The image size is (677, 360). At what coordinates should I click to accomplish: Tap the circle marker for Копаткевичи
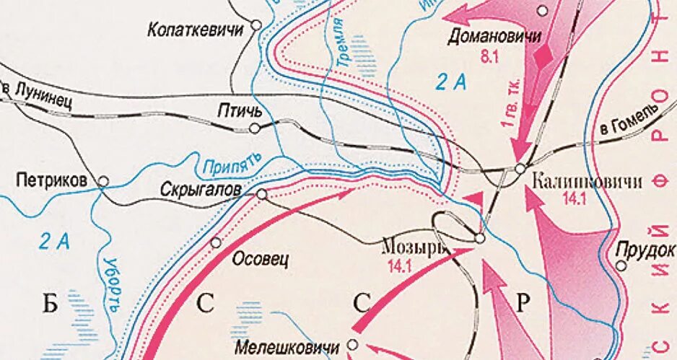coord(255,25)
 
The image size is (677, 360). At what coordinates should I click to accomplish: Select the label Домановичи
coord(495,35)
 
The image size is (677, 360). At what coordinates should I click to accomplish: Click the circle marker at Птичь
coord(254,128)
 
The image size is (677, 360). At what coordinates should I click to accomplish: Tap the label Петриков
coord(56,178)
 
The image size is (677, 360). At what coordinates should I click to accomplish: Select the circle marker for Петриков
coord(103,182)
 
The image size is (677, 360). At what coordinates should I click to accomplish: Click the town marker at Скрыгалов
coord(261,194)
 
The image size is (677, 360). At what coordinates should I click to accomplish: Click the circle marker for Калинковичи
coord(520,169)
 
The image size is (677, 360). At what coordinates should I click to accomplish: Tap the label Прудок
coord(646,250)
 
